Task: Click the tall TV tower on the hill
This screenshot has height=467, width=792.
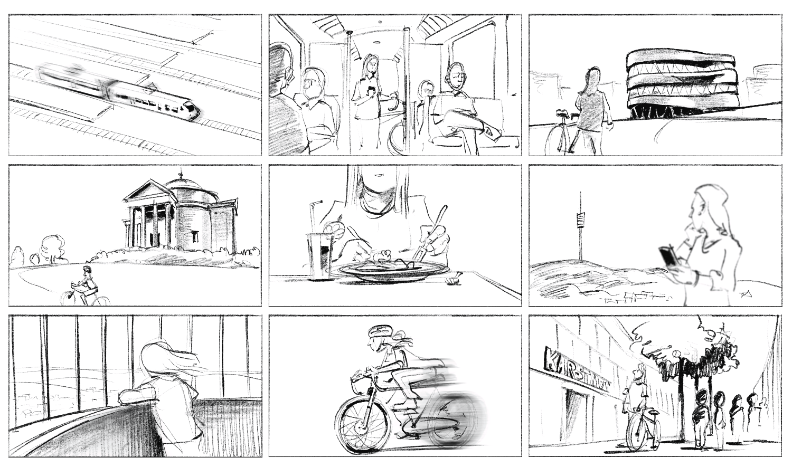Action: click(x=581, y=227)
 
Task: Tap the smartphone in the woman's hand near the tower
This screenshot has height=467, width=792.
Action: click(x=667, y=256)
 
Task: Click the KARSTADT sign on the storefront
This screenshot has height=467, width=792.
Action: click(x=576, y=369)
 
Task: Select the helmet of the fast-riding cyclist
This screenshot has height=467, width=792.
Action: click(x=380, y=332)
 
